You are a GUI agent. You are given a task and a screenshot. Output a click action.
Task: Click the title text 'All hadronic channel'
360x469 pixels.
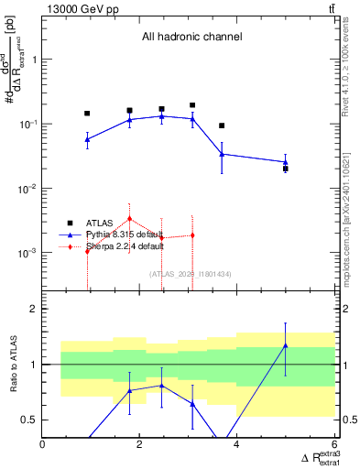pyautogui.click(x=191, y=38)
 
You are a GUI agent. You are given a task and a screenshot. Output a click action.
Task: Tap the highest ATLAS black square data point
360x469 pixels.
pyautogui.click(x=192, y=105)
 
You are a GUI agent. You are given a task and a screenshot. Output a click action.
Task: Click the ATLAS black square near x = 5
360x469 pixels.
pyautogui.click(x=286, y=169)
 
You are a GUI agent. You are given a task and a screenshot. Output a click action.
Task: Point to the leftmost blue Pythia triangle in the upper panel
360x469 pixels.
pyautogui.click(x=87, y=139)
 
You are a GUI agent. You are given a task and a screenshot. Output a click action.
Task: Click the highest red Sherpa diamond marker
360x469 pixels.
pyautogui.click(x=130, y=218)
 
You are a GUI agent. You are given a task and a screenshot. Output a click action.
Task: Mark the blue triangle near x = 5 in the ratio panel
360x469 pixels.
pyautogui.click(x=286, y=345)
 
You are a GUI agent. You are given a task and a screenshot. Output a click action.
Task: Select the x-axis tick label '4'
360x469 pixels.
pyautogui.click(x=237, y=445)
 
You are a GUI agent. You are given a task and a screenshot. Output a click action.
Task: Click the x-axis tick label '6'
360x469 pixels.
pyautogui.click(x=334, y=445)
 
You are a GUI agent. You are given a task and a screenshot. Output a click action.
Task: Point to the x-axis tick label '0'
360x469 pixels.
pyautogui.click(x=43, y=445)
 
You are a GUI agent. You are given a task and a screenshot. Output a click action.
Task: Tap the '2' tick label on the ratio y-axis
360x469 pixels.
pyautogui.click(x=33, y=309)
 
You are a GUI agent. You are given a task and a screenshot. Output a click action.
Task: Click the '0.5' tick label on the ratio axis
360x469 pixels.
pyautogui.click(x=28, y=420)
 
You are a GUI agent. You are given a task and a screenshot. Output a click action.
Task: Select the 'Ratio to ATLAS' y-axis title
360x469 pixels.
pyautogui.click(x=12, y=365)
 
